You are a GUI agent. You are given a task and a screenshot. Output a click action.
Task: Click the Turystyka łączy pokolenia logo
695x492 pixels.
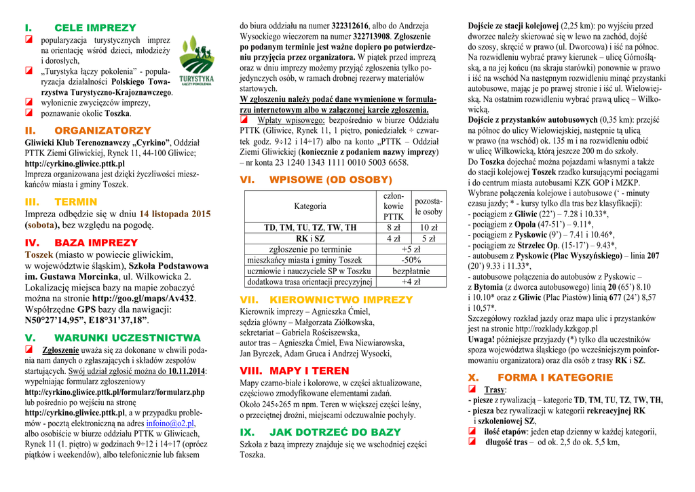click(197, 61)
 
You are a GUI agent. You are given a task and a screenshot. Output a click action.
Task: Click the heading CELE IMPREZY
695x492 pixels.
click(95, 28)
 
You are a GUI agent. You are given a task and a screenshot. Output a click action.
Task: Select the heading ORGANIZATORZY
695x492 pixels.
click(102, 130)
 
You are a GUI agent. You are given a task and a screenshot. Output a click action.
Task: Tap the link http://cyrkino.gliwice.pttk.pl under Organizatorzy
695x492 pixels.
click(75, 164)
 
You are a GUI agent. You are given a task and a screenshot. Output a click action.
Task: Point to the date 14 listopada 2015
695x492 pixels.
click(175, 214)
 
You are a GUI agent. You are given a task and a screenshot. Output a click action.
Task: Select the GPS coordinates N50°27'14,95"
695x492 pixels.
click(54, 320)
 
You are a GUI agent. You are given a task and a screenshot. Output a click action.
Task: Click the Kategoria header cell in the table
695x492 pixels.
click(309, 206)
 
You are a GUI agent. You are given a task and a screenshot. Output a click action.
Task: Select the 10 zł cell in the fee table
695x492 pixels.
click(428, 227)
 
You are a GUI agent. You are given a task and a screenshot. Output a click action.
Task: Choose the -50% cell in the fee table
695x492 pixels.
click(411, 260)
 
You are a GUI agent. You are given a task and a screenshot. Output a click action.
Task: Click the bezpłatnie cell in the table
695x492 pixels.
click(411, 271)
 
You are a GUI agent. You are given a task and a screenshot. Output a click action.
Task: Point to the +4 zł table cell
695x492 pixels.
click(411, 282)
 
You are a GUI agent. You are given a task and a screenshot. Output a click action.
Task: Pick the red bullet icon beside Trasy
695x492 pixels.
click(472, 390)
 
